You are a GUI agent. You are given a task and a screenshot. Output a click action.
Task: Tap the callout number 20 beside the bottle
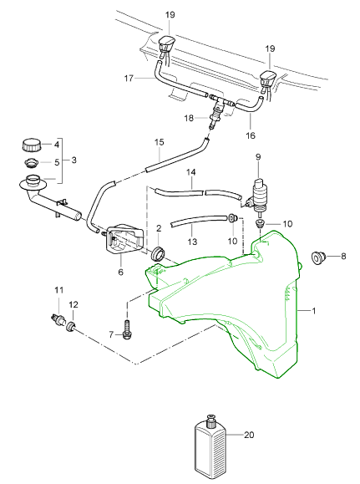(249, 435)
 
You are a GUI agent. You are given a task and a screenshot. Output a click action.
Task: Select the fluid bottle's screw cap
(210, 421)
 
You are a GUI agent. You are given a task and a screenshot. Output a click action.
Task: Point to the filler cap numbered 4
(31, 145)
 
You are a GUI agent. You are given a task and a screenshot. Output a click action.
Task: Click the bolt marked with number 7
(126, 329)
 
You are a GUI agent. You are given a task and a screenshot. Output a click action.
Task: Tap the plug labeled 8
(317, 257)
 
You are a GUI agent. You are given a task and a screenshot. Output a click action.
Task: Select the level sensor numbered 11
(58, 319)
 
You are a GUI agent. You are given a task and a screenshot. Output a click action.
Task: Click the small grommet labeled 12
(72, 326)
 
